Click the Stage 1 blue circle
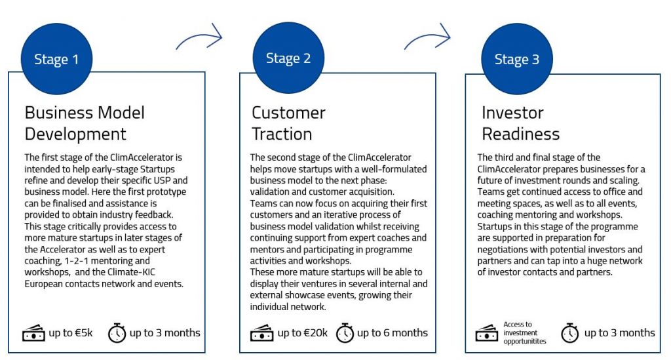56,58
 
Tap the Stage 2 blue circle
288,58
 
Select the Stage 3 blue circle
517,58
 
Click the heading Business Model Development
85,123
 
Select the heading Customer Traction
288,123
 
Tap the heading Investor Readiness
520,123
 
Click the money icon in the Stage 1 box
33,333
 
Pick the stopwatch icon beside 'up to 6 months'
345,333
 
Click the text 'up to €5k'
71,332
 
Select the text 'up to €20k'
303,332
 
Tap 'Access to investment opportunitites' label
525,333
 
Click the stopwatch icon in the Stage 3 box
570,333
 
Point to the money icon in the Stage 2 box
262,333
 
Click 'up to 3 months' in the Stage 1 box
164,332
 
